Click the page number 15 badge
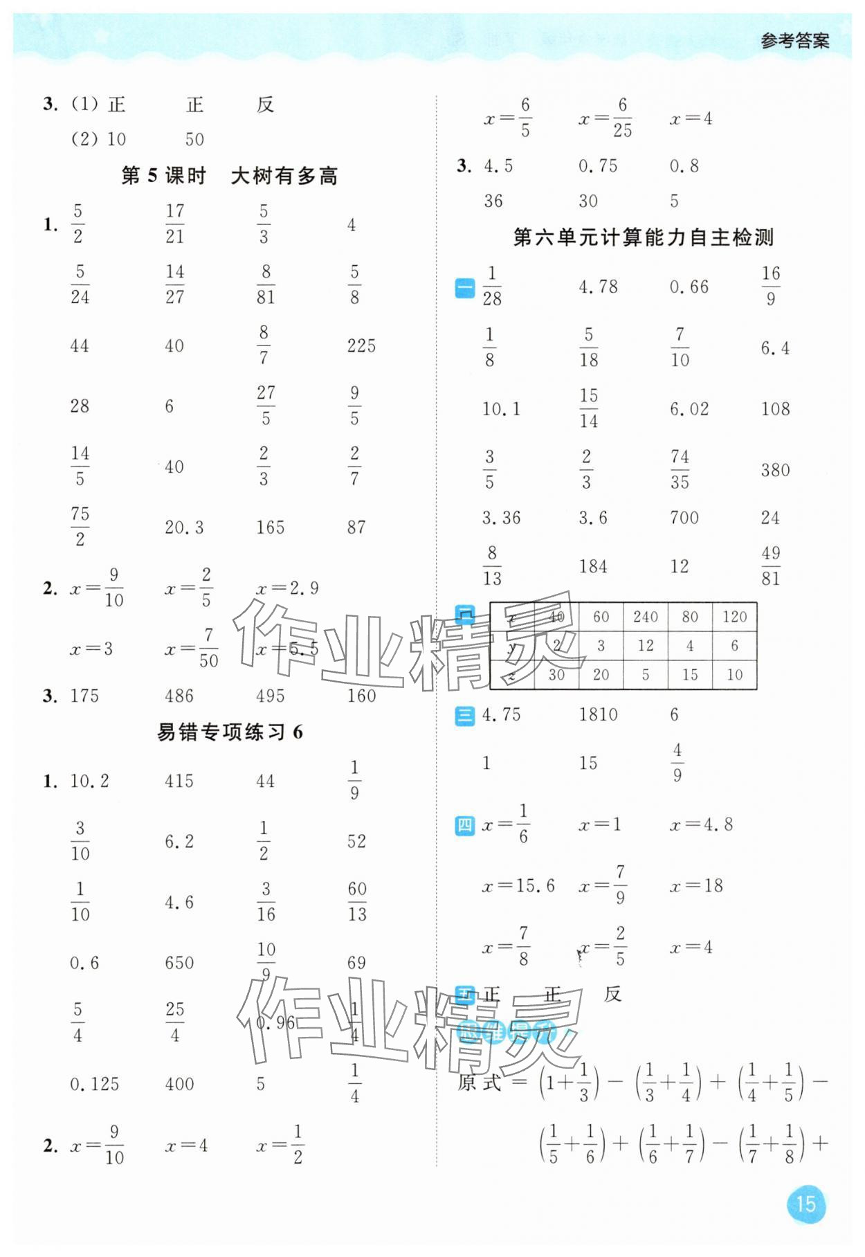pos(805,1204)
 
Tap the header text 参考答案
pos(794,41)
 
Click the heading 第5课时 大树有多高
pos(229,176)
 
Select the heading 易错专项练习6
pos(230,732)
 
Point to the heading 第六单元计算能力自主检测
pos(643,237)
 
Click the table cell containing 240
pos(645,617)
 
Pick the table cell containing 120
pos(734,617)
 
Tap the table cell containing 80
pos(689,617)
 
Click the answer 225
pos(361,345)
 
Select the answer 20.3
pos(184,527)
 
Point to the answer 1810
pos(598,714)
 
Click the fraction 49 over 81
pos(770,566)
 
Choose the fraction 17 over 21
pos(175,224)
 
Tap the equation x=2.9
pos(287,588)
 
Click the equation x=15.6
pos(518,885)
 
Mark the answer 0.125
pos(94,1084)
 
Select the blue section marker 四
pos(465,825)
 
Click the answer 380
pos(775,470)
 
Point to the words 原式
pos(479,1083)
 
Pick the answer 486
pos(179,696)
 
